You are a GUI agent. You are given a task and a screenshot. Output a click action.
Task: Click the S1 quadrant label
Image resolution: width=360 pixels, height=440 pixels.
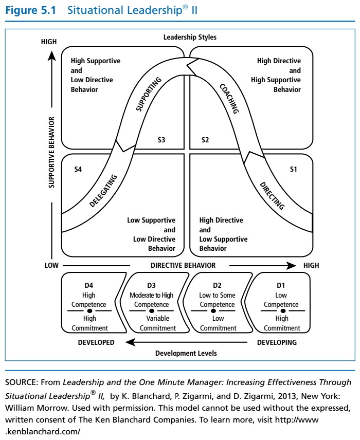293,170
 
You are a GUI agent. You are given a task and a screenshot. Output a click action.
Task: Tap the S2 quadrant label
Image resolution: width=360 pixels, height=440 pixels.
205,140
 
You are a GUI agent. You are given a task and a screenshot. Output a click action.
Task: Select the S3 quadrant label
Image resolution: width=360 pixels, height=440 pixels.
161,140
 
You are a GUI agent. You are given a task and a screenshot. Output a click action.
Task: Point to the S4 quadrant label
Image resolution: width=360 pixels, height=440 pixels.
78,170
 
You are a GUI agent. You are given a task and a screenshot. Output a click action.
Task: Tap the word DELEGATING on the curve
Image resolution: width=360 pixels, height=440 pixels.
103,191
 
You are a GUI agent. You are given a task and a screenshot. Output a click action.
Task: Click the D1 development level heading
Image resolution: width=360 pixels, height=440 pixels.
281,285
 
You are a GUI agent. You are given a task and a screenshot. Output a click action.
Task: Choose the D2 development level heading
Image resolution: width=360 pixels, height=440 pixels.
218,285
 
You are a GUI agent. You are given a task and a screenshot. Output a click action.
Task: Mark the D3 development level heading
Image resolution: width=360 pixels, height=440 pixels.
151,285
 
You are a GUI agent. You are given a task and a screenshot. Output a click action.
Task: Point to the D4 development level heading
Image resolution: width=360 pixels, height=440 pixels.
88,285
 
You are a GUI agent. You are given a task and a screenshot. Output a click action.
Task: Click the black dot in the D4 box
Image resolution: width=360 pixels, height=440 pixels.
89,311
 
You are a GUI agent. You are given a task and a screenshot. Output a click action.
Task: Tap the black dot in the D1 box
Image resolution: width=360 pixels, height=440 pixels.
281,311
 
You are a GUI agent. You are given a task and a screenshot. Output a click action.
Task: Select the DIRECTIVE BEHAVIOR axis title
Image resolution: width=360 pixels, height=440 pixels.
183,266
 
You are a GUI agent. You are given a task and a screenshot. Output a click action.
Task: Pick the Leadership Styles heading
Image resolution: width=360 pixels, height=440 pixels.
190,37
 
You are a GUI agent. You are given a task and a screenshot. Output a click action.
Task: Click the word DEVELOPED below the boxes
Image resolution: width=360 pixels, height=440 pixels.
96,342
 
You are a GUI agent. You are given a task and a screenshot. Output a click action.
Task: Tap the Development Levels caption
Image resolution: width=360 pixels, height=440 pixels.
186,353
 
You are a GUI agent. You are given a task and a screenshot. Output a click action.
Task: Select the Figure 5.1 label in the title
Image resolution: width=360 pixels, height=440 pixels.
33,11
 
